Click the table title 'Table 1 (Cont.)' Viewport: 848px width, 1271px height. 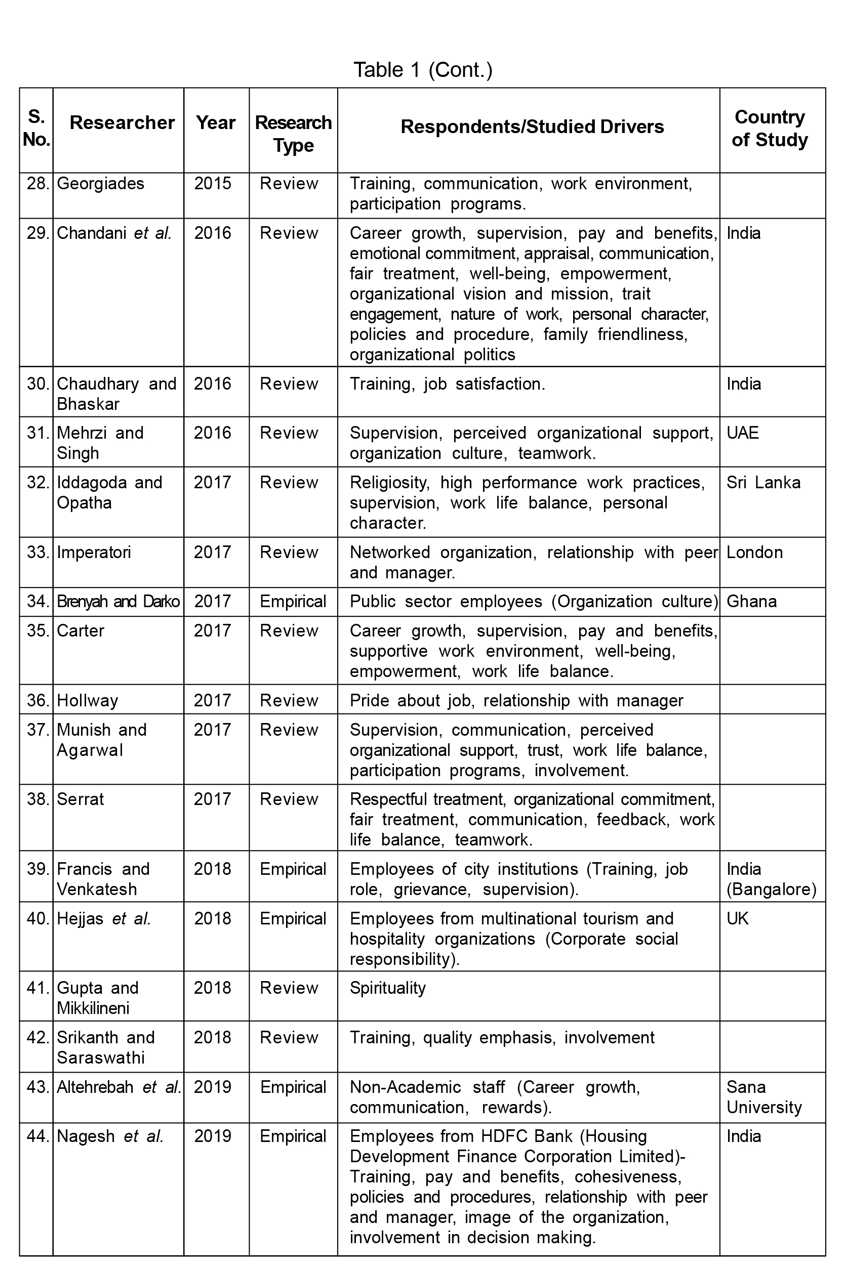(423, 70)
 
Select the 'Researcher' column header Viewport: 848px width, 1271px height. (122, 122)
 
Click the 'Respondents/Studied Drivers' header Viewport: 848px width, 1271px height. (532, 126)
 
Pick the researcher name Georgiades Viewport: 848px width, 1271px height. (101, 184)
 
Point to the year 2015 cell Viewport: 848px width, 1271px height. (213, 184)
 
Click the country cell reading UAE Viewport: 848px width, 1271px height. (743, 433)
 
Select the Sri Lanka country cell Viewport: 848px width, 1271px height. (763, 483)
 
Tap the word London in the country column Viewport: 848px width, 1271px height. (754, 553)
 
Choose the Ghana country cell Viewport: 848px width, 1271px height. (751, 602)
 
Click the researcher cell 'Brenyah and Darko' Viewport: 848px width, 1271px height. (118, 602)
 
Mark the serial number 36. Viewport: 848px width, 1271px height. (38, 700)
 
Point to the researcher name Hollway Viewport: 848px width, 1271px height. (87, 700)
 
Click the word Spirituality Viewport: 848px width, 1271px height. (388, 988)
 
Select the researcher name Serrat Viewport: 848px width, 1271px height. (80, 799)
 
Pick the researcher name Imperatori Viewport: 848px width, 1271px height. (94, 553)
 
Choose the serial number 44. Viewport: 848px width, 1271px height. (38, 1136)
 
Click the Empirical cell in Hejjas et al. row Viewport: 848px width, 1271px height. (293, 919)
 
